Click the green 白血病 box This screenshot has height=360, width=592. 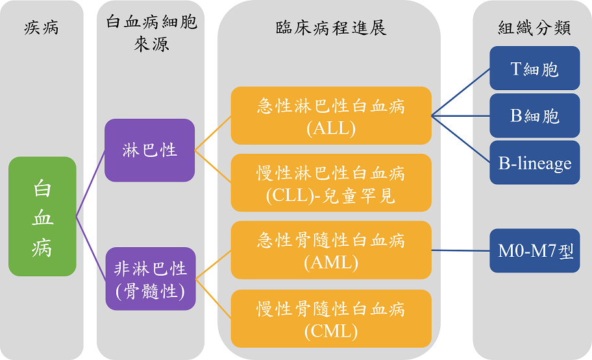(42, 215)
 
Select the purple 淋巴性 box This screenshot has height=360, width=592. (150, 150)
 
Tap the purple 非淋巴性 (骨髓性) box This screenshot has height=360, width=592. (150, 278)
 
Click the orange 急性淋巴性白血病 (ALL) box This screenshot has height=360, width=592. (331, 115)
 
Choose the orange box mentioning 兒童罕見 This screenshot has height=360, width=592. (331, 183)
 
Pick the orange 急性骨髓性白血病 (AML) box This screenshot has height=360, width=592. (331, 250)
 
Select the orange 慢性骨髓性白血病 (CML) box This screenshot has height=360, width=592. (331, 318)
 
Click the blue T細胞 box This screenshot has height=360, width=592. (535, 68)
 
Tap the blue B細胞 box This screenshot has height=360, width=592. (535, 115)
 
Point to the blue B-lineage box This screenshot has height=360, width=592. (535, 163)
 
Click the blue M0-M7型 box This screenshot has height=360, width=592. (535, 250)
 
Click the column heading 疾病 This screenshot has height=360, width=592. (42, 28)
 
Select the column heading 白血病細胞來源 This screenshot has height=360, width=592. (151, 32)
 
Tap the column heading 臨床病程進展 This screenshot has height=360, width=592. (330, 28)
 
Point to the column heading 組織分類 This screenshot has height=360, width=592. (534, 28)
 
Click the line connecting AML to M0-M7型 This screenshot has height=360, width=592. (461, 250)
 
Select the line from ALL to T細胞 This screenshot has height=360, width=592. (461, 91)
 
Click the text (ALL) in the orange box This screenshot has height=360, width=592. (331, 128)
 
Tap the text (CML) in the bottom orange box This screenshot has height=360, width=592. (331, 331)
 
